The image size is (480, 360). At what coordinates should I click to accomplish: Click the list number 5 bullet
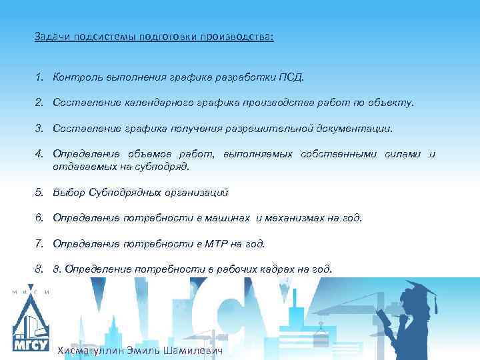coord(40,193)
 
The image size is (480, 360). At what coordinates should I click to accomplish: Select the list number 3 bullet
coord(40,127)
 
